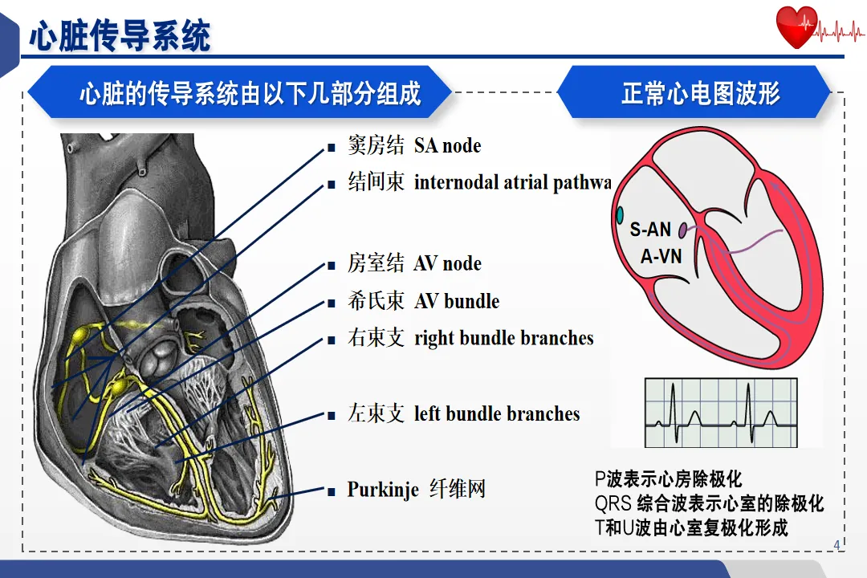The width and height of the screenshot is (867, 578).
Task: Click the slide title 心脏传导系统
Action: (x=120, y=35)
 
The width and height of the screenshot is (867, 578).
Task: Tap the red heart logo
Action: (x=796, y=27)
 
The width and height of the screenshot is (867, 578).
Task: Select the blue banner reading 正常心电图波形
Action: (x=700, y=93)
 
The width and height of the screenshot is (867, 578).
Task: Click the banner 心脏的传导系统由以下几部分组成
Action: (x=250, y=93)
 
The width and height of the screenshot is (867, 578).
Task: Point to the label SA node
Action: (x=447, y=146)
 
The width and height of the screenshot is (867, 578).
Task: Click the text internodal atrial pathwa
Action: (x=512, y=183)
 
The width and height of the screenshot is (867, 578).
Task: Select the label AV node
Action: (x=447, y=264)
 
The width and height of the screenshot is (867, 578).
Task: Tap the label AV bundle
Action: (x=456, y=302)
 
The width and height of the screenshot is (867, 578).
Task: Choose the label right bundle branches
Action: (x=503, y=338)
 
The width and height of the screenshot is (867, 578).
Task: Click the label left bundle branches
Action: (x=496, y=414)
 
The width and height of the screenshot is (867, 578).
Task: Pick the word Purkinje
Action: (x=383, y=490)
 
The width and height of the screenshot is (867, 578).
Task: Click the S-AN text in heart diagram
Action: (x=650, y=230)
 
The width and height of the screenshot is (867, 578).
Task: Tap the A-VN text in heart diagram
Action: (x=661, y=257)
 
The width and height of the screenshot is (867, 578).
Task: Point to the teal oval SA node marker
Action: (x=620, y=214)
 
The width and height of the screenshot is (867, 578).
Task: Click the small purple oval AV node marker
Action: (x=682, y=231)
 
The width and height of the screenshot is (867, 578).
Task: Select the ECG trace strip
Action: (x=722, y=413)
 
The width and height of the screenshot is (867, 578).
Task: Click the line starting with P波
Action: (x=668, y=480)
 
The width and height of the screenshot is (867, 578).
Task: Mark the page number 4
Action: (x=836, y=546)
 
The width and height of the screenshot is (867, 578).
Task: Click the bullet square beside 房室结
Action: (x=330, y=266)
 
